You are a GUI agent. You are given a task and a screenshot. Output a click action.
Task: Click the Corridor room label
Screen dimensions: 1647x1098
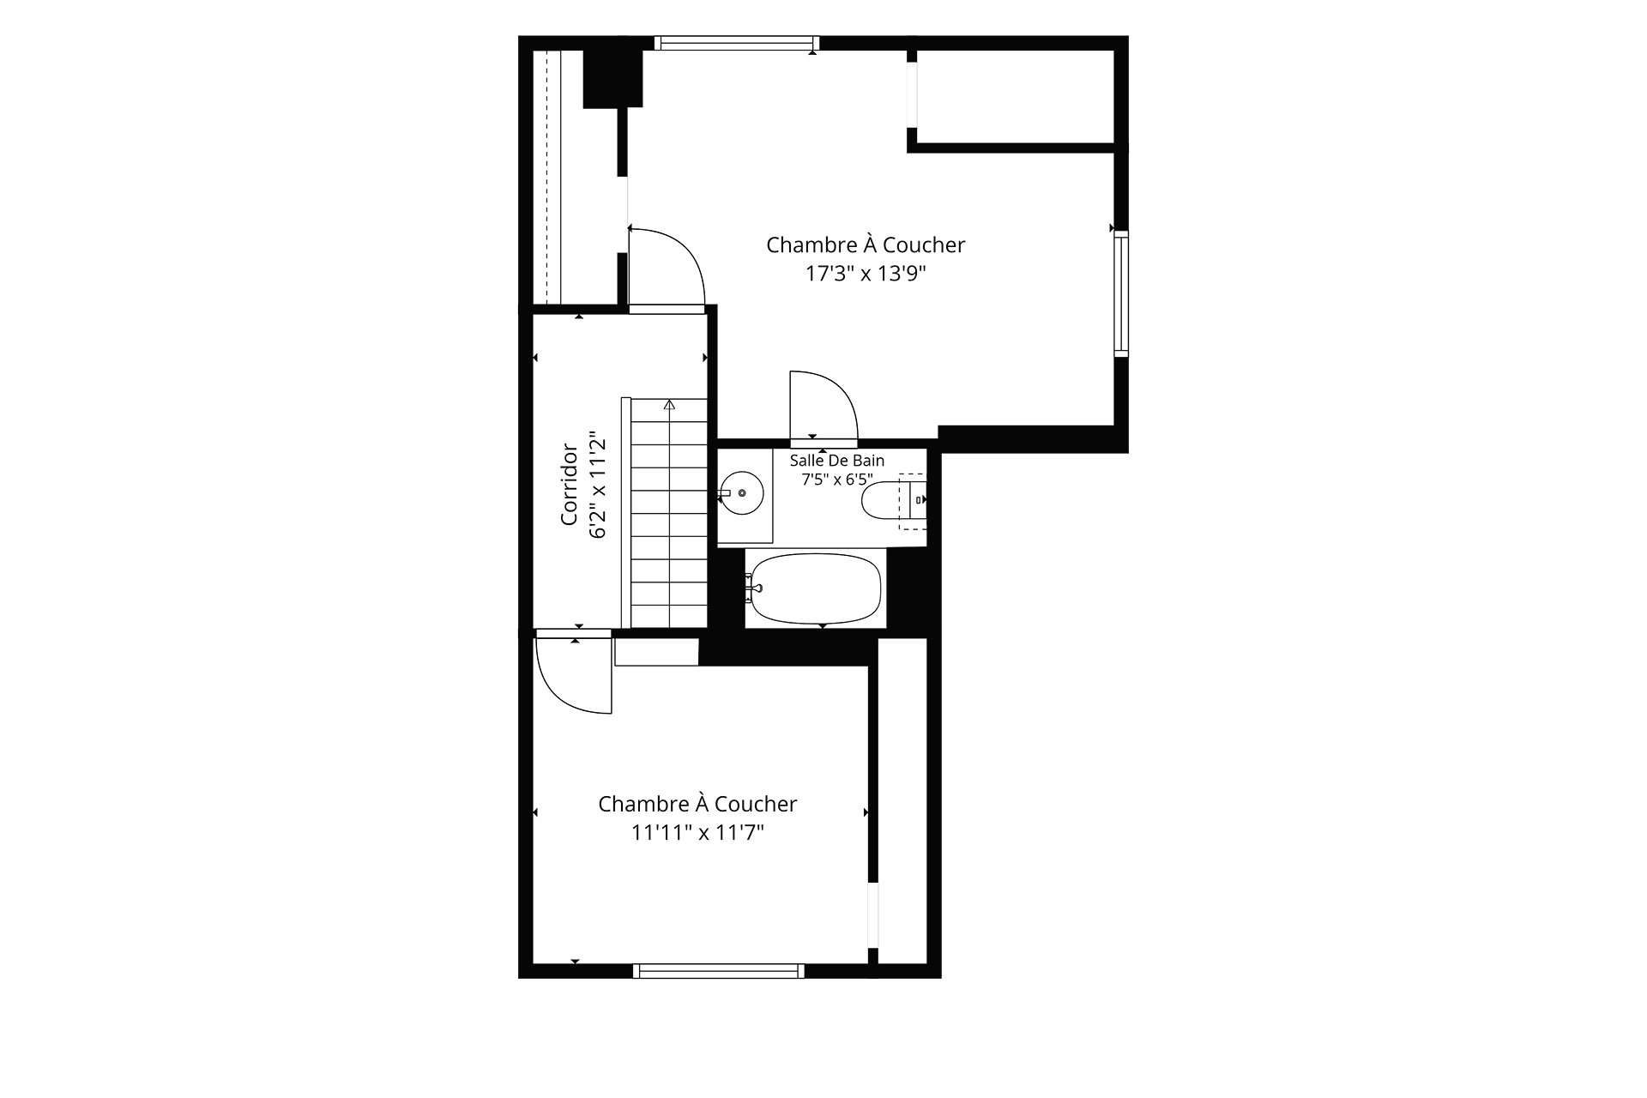[x=568, y=484]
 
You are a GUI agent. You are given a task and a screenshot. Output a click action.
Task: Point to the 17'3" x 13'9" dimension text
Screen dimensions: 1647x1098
[x=866, y=274]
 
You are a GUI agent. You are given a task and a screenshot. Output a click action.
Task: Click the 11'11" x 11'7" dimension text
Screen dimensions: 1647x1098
[x=697, y=833]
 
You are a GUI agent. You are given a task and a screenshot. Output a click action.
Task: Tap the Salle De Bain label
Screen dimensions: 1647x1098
[x=837, y=461]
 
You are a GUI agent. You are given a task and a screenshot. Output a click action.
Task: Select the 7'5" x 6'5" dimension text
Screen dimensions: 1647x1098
[x=837, y=480]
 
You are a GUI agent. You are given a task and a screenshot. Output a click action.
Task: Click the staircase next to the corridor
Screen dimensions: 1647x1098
[x=669, y=512]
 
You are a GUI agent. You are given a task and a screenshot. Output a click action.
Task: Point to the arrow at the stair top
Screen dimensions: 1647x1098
[x=669, y=405]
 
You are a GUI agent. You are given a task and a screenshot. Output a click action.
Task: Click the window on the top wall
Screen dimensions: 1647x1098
[x=737, y=43]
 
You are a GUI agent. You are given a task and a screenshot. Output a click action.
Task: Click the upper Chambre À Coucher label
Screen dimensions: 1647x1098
[x=866, y=245]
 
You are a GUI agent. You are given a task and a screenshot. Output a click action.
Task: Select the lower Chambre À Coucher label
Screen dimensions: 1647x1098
[x=697, y=804]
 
